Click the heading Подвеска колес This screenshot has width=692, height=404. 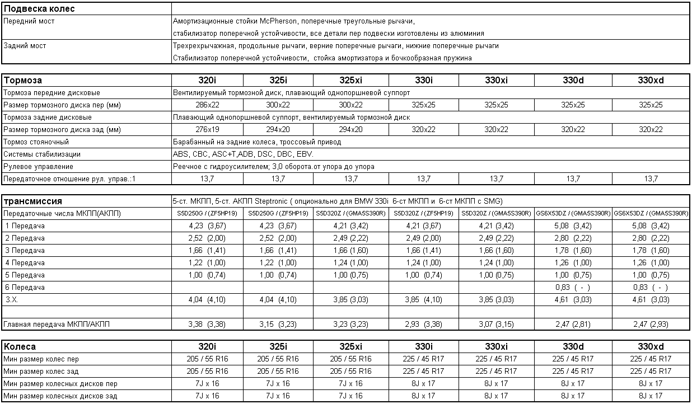[x=39, y=9]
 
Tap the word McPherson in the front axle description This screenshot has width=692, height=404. [x=278, y=21]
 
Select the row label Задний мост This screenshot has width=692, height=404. [x=25, y=46]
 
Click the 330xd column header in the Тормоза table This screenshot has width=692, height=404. [x=651, y=80]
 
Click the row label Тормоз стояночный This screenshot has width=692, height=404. [x=36, y=142]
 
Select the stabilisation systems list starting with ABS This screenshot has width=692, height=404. [x=243, y=154]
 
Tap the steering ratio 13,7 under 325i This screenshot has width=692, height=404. [x=278, y=179]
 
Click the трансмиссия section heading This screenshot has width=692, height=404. [x=32, y=201]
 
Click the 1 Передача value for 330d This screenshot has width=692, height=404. [x=573, y=226]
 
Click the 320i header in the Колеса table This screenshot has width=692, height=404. [x=208, y=346]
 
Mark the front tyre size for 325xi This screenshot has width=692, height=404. [x=351, y=359]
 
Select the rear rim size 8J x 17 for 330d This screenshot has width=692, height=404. [x=573, y=396]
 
